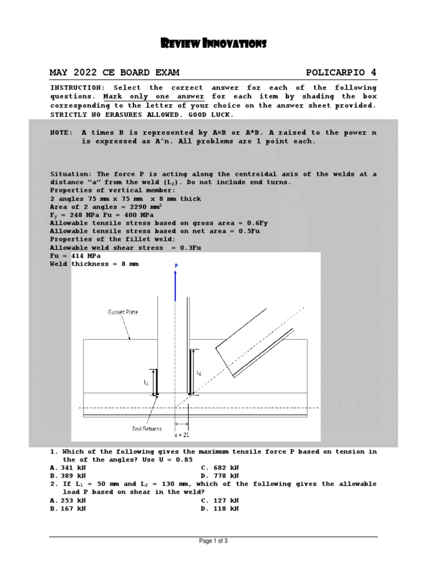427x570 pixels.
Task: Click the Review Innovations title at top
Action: click(213, 43)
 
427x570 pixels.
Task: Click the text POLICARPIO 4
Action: click(341, 72)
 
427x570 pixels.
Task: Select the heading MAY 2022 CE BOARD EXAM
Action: click(115, 72)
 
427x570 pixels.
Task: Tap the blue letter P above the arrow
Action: click(176, 266)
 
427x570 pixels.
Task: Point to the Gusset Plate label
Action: click(123, 312)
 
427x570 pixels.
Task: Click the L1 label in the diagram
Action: click(146, 383)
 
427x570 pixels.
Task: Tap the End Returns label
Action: click(147, 429)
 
